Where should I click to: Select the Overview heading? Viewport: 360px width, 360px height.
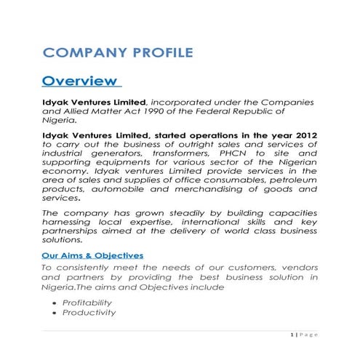(x=79, y=80)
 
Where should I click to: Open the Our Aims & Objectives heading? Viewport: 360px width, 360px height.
(x=92, y=255)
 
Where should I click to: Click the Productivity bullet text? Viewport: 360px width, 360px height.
(x=91, y=312)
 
